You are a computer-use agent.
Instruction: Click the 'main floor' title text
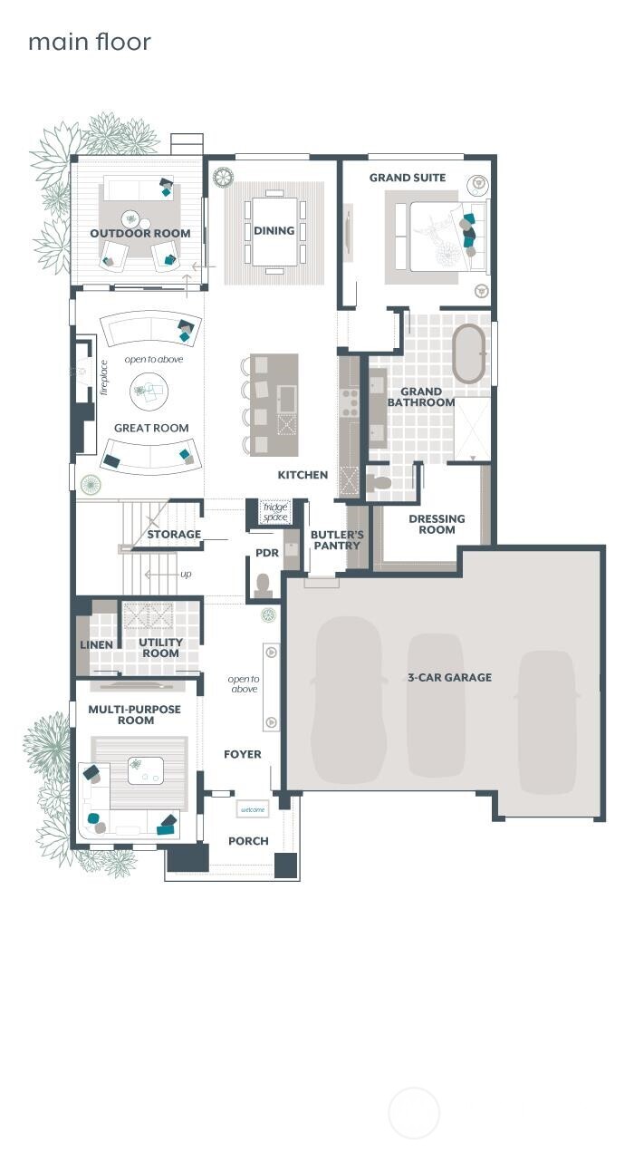click(x=89, y=42)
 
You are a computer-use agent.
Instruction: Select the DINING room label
click(x=274, y=230)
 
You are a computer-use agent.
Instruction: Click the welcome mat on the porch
click(x=252, y=809)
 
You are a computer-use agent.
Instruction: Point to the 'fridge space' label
click(x=274, y=512)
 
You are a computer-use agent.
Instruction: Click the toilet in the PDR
click(x=264, y=585)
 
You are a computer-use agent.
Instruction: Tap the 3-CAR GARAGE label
click(x=449, y=677)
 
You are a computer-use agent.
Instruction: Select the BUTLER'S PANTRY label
click(x=337, y=540)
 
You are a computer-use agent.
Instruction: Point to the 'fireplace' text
click(x=104, y=377)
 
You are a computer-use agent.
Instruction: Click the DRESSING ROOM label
click(x=437, y=524)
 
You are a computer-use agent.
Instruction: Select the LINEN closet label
click(x=96, y=645)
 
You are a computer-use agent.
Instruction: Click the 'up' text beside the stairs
click(x=186, y=574)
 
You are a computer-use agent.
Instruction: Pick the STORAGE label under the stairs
click(x=174, y=534)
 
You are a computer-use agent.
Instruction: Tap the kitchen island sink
click(x=287, y=399)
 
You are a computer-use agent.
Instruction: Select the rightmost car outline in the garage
click(x=547, y=716)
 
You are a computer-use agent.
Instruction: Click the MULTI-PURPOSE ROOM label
click(x=134, y=714)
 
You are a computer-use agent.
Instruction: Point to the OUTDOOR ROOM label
click(x=139, y=233)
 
